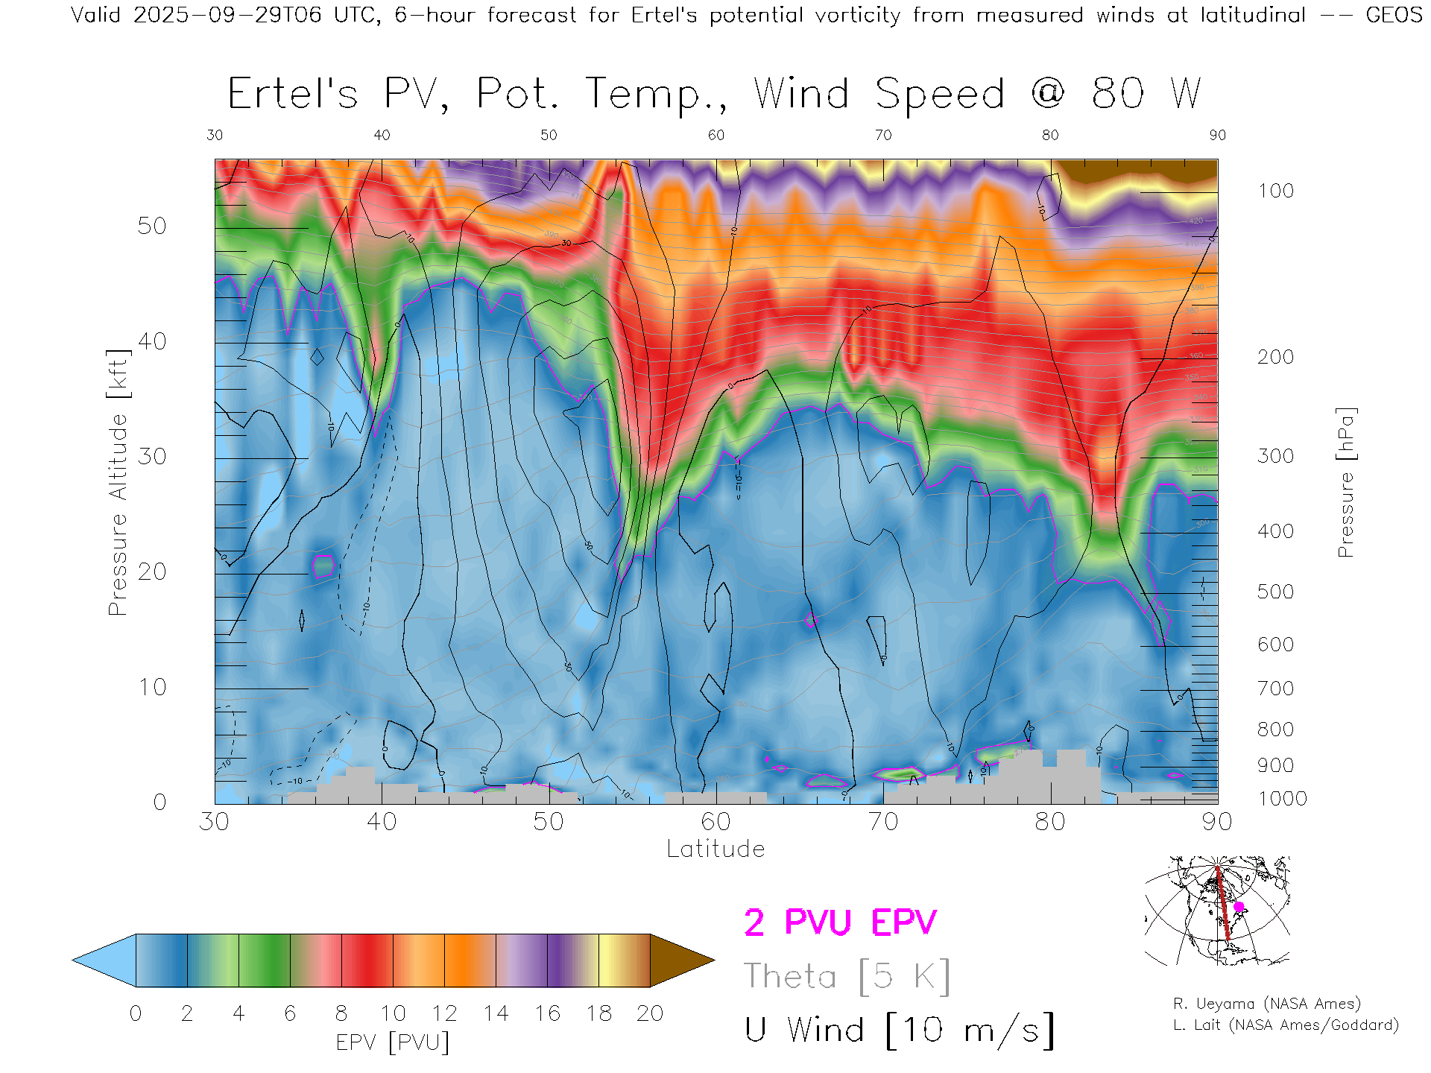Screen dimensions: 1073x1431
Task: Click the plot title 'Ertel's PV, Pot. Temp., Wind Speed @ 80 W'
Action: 714,94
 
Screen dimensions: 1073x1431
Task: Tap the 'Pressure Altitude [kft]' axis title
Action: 118,482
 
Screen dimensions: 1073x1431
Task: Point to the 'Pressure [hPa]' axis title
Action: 1345,482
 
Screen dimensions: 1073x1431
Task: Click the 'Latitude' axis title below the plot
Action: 715,849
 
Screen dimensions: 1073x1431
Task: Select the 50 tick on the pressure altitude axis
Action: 152,226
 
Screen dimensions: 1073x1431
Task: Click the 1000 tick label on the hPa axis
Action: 1282,799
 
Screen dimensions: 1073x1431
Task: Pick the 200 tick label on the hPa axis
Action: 1275,357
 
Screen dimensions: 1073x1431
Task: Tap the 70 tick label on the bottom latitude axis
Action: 882,821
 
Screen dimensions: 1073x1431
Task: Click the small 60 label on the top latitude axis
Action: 715,135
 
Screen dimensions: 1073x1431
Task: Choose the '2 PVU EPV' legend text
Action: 840,922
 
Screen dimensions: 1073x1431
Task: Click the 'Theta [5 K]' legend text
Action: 847,976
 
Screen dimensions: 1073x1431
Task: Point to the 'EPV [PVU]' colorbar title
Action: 393,1042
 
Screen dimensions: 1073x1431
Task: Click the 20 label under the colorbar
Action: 650,1013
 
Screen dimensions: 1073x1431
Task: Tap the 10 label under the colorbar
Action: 393,1013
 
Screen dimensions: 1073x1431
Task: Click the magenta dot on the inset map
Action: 1239,907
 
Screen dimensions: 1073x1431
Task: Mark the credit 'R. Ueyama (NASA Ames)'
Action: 1267,1004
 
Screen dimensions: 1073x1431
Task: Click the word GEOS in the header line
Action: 1394,15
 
